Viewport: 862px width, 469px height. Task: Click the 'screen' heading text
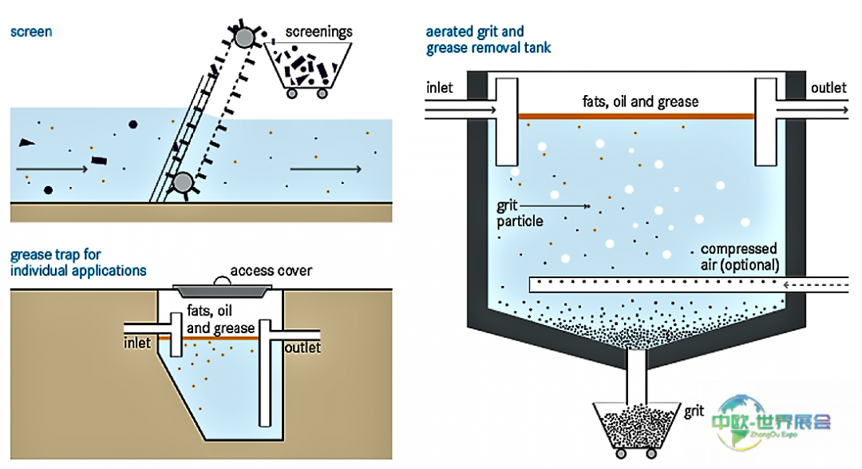tap(30, 32)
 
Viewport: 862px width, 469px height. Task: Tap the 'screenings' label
tap(319, 32)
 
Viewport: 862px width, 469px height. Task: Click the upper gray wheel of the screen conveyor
tap(243, 37)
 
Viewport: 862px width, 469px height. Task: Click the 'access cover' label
tap(271, 270)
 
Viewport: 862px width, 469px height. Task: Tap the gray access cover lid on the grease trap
tap(220, 288)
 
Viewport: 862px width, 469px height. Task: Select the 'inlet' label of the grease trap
tap(137, 344)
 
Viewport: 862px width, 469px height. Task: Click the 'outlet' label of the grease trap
tap(302, 348)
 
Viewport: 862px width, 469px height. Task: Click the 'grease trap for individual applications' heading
tap(78, 263)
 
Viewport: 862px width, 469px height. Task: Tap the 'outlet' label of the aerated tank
tap(828, 88)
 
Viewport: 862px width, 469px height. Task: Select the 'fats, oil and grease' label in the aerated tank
tap(640, 102)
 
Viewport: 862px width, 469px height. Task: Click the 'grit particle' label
tap(519, 213)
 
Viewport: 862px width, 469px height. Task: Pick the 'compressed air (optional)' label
tap(738, 256)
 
